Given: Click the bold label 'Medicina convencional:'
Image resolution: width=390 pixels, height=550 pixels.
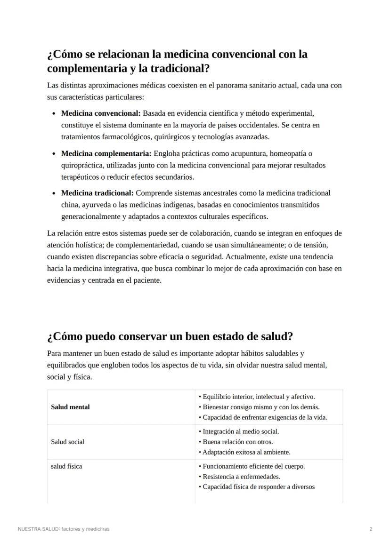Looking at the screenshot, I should coord(101,113).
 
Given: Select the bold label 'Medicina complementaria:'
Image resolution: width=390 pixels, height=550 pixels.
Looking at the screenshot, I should coord(106,153).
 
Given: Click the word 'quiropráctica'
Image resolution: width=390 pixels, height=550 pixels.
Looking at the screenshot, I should coord(82,165).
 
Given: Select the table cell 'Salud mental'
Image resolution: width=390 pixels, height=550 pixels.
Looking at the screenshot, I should coord(70,407).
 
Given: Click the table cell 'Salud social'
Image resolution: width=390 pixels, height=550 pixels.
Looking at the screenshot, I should coord(68,442).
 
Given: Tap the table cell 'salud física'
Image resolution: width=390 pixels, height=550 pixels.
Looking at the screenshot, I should coord(66,466).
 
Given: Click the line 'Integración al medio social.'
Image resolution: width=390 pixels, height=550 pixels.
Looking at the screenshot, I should coord(241,431).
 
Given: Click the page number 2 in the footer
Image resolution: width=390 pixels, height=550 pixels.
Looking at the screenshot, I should coord(371,529).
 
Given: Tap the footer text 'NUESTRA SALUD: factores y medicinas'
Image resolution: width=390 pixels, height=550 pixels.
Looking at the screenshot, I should coord(64,529).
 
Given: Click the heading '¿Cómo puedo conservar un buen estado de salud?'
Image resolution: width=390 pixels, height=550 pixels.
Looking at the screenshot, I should coord(170,337).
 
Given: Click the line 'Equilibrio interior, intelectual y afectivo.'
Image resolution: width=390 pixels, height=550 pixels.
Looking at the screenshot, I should coord(259,397).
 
